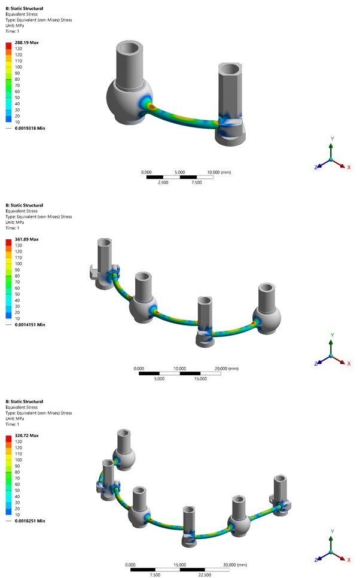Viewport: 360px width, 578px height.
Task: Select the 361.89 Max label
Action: [x=26, y=239]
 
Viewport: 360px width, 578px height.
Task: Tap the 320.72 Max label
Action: [x=26, y=436]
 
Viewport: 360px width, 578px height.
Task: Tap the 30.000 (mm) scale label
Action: [x=234, y=565]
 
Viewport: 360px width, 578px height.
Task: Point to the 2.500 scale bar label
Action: [x=163, y=182]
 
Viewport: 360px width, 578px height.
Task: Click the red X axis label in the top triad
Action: [x=349, y=168]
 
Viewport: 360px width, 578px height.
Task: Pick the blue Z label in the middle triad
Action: [x=315, y=363]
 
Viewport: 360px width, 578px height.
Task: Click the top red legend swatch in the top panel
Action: [x=8, y=45]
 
